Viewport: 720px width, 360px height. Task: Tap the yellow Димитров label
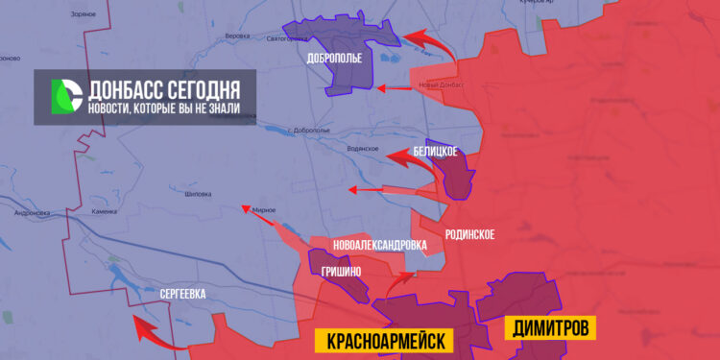coord(549,326)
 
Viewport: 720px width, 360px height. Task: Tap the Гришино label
coord(342,272)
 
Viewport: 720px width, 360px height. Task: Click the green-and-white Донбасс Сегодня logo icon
coord(65,96)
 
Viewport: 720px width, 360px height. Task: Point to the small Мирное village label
coord(264,210)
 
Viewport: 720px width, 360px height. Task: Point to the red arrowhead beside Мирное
coord(246,206)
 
